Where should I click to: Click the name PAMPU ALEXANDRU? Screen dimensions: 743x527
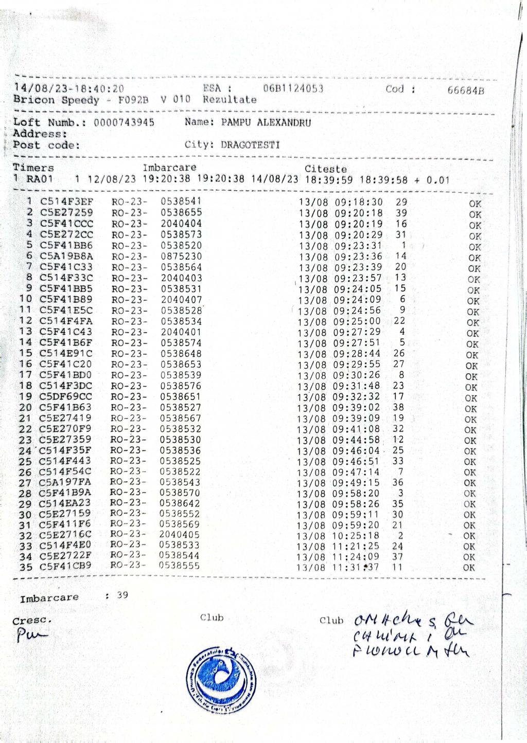coord(266,123)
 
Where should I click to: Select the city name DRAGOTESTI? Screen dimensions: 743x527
coord(250,145)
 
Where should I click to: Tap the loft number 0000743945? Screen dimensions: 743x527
coord(124,123)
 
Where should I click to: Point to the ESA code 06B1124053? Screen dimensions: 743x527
coord(293,88)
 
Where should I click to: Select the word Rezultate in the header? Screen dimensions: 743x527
coord(230,100)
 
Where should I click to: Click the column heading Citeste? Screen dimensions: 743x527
coord(325,169)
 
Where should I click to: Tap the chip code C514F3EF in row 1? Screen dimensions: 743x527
coord(67,202)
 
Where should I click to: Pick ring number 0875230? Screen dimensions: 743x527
coord(181,256)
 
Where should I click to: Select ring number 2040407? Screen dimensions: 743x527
coord(181,299)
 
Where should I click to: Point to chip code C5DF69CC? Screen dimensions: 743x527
coord(66,396)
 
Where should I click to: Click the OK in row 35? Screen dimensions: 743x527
coord(468,568)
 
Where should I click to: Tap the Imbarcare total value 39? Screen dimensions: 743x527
coord(122,595)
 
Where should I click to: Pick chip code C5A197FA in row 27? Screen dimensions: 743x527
coord(65,482)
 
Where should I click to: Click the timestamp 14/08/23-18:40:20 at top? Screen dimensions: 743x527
coord(69,89)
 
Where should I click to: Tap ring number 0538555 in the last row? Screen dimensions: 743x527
coord(179,566)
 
